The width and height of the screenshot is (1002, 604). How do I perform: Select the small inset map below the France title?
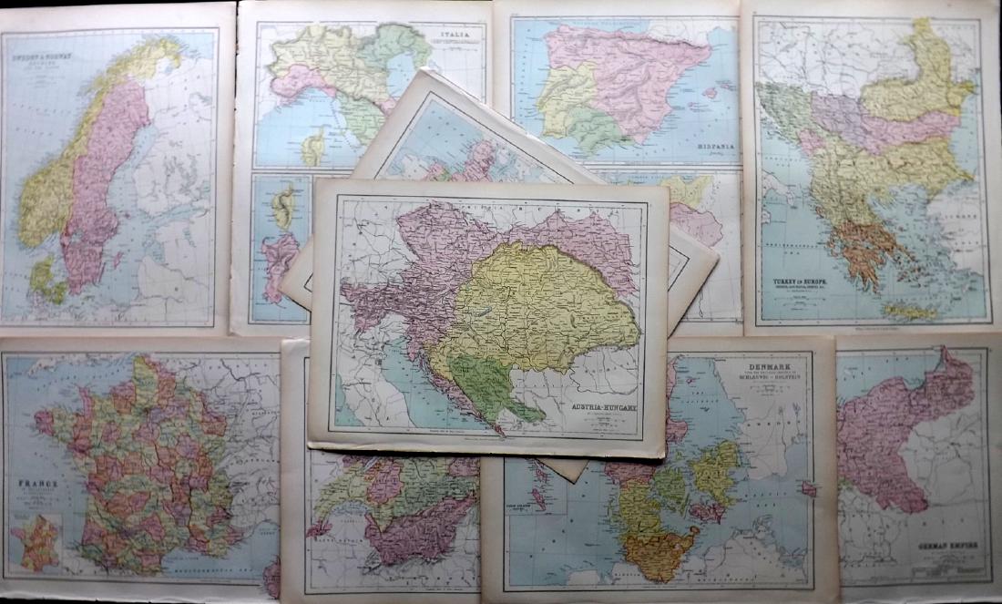click(36, 543)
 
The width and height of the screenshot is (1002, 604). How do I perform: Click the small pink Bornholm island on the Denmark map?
click(808, 488)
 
